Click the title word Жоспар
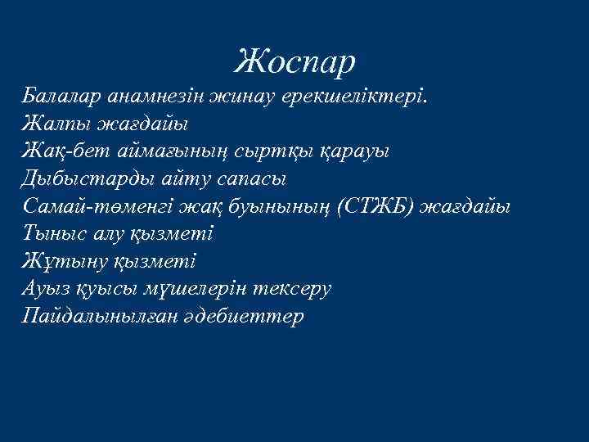295,60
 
